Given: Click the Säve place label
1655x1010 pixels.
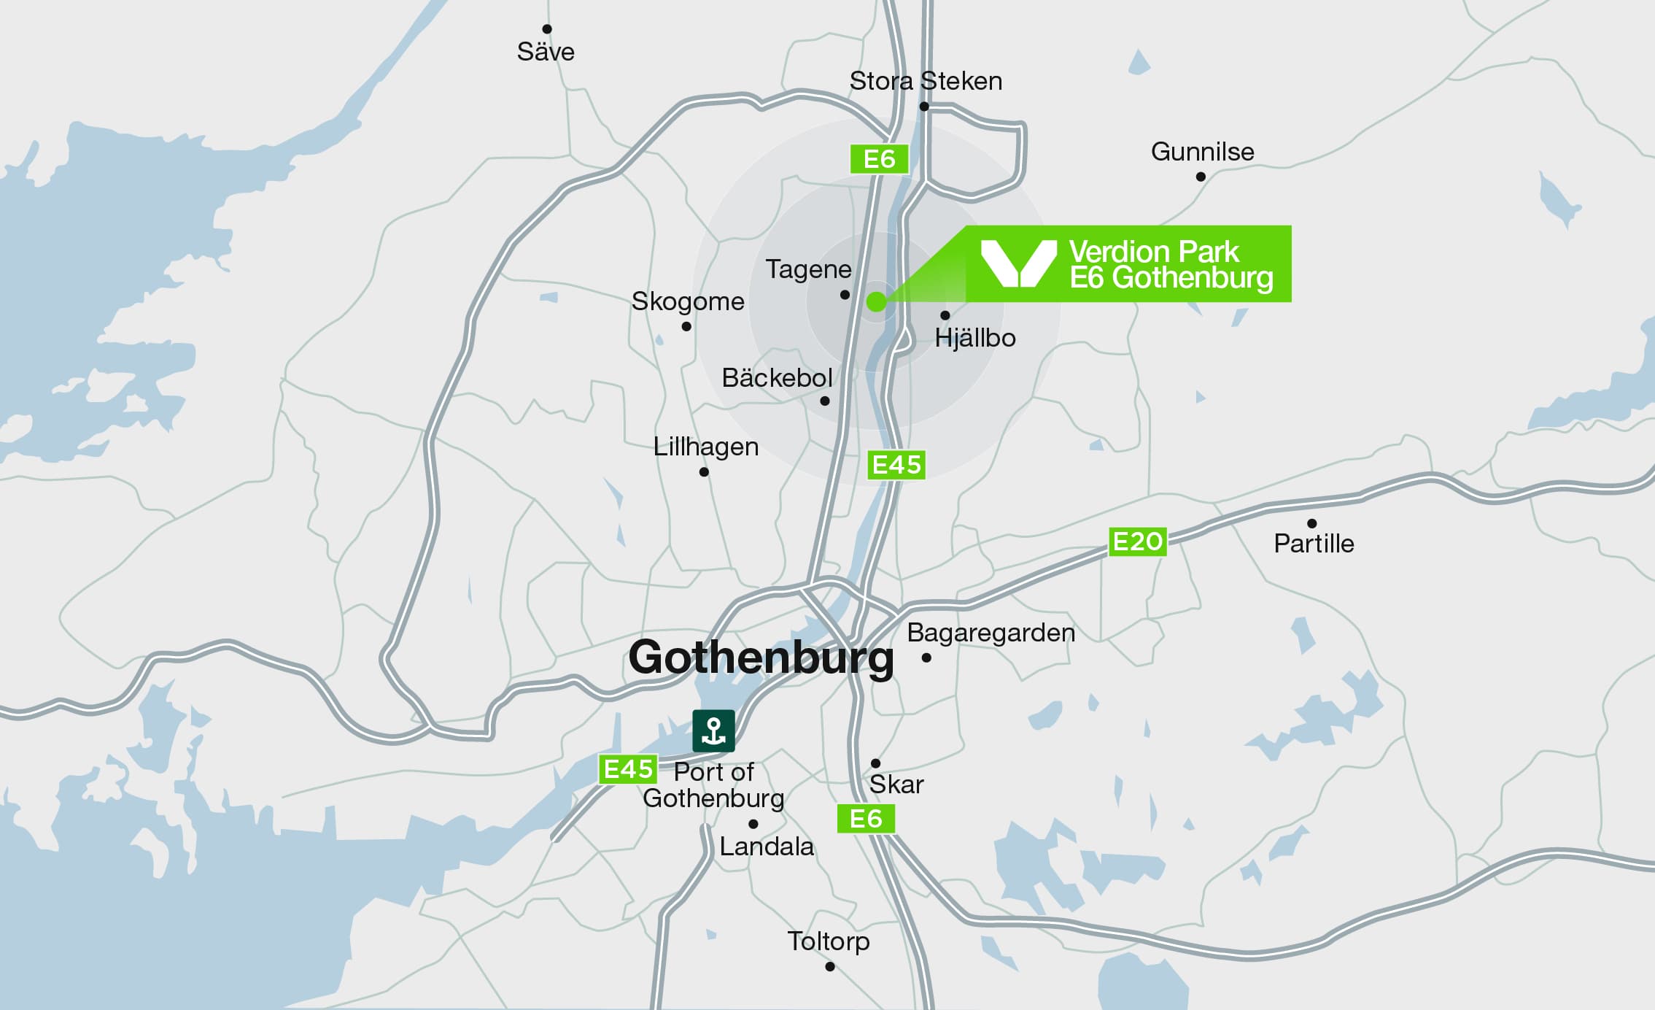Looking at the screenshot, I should (x=546, y=52).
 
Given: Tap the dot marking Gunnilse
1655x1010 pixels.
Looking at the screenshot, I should (x=1201, y=177).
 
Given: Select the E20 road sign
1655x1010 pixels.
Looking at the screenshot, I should (x=1137, y=542).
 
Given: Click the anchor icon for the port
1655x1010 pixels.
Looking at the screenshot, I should (x=713, y=730).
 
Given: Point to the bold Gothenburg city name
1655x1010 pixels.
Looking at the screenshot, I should (x=761, y=658).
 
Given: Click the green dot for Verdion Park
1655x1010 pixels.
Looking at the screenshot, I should (x=876, y=301).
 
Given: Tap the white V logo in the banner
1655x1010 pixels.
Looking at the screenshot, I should (x=1018, y=263).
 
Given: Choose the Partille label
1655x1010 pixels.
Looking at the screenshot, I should (x=1314, y=544).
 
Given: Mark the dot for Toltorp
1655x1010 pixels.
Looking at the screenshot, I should (x=830, y=967).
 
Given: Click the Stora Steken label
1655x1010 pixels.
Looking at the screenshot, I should (x=926, y=81).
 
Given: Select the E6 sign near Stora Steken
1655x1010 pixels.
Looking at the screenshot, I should (x=879, y=159).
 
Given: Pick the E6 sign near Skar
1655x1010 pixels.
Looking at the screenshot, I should (x=866, y=819).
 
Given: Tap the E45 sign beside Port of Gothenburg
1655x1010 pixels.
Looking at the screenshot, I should (x=628, y=769).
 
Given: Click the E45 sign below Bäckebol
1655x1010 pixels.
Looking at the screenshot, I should (x=896, y=465).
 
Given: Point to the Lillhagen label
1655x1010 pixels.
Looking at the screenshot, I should (x=705, y=447).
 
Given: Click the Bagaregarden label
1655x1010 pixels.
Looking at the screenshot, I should (x=991, y=633).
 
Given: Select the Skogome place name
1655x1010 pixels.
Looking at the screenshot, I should (x=688, y=301).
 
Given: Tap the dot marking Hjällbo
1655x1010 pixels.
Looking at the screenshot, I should (x=945, y=315).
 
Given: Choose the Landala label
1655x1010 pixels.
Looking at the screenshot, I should (x=767, y=847).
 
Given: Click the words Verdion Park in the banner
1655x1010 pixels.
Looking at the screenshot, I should (x=1154, y=252).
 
